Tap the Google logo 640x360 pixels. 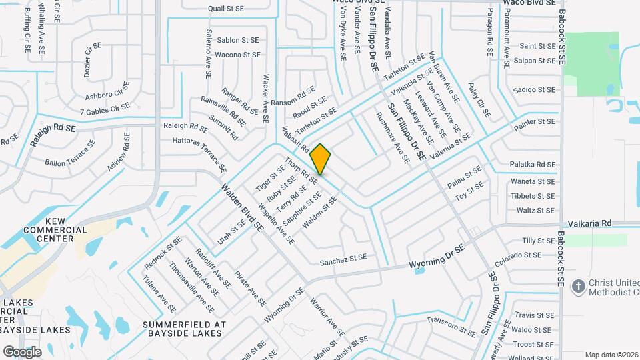pos(22,351)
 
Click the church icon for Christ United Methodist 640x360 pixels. pos(579,286)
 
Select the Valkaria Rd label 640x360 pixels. pos(589,224)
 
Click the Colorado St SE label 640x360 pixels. pos(518,255)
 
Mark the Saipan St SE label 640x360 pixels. pos(534,61)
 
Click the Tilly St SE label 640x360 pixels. pos(539,240)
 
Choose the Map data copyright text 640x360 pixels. pos(611,355)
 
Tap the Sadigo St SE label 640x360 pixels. pos(534,89)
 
